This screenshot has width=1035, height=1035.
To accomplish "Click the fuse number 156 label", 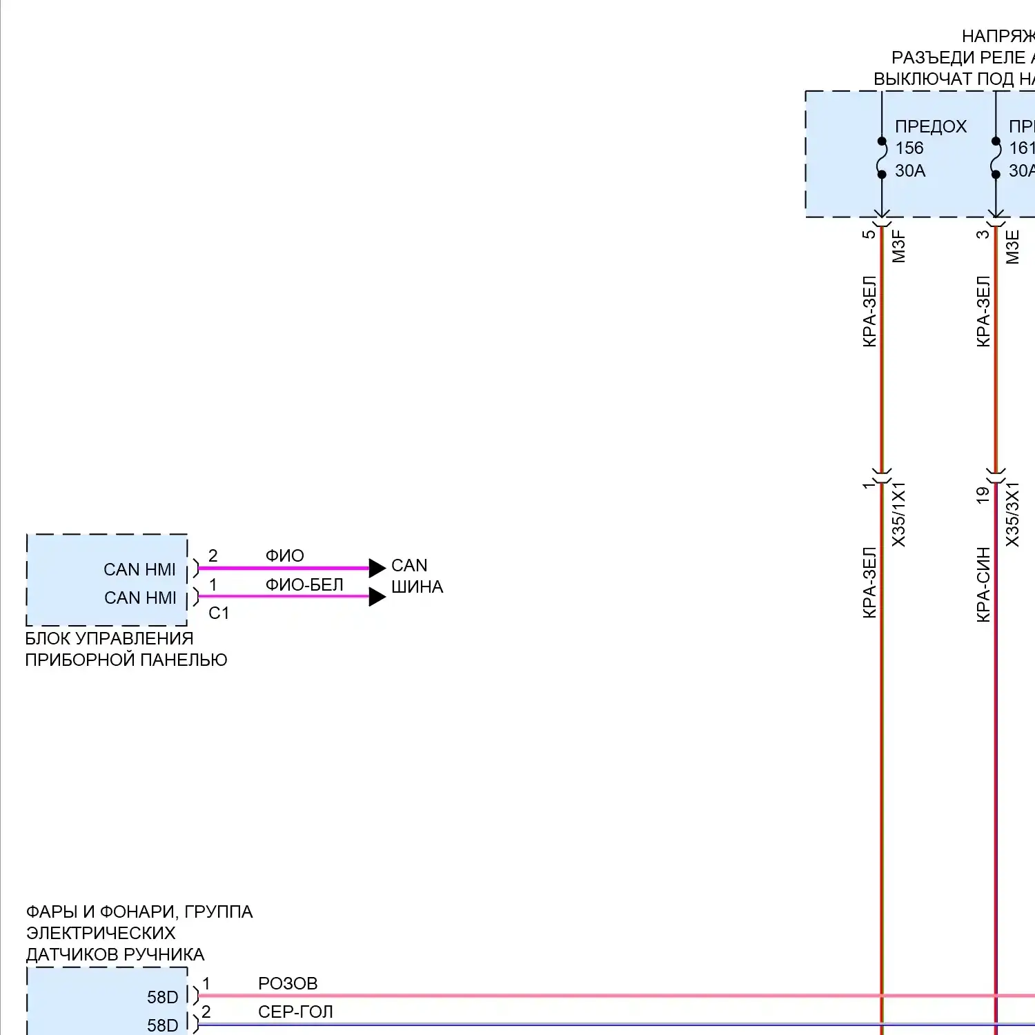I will tap(909, 148).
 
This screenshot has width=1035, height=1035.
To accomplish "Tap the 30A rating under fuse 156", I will tap(910, 170).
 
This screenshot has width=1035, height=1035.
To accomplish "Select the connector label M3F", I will tap(898, 246).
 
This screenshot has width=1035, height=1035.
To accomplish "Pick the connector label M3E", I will tap(1012, 246).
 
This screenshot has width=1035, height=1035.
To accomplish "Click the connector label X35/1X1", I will tap(898, 514).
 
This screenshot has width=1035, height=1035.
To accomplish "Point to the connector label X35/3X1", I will tap(1012, 514).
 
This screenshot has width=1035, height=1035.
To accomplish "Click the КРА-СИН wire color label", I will tap(983, 584).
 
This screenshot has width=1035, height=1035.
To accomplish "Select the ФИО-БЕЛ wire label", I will tap(304, 584).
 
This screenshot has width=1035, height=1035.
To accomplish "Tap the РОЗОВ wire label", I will tap(288, 983).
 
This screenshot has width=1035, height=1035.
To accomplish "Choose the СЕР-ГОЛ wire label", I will tap(295, 1012).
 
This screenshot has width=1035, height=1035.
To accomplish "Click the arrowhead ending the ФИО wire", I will tap(377, 568).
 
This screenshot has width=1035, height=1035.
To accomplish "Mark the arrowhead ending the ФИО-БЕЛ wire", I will tap(377, 597).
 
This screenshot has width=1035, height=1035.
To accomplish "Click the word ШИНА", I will tap(417, 587).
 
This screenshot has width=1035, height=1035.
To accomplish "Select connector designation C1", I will tap(219, 613).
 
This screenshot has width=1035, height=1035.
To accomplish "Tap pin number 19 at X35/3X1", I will tap(983, 494).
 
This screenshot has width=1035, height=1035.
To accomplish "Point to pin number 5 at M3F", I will tap(869, 234).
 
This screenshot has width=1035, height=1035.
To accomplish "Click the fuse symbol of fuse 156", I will tap(882, 158).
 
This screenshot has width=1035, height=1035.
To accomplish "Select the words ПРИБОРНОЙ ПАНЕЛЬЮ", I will tap(126, 660).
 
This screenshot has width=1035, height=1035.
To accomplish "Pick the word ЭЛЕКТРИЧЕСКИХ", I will tap(101, 934).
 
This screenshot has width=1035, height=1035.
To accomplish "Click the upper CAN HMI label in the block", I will tap(139, 569).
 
